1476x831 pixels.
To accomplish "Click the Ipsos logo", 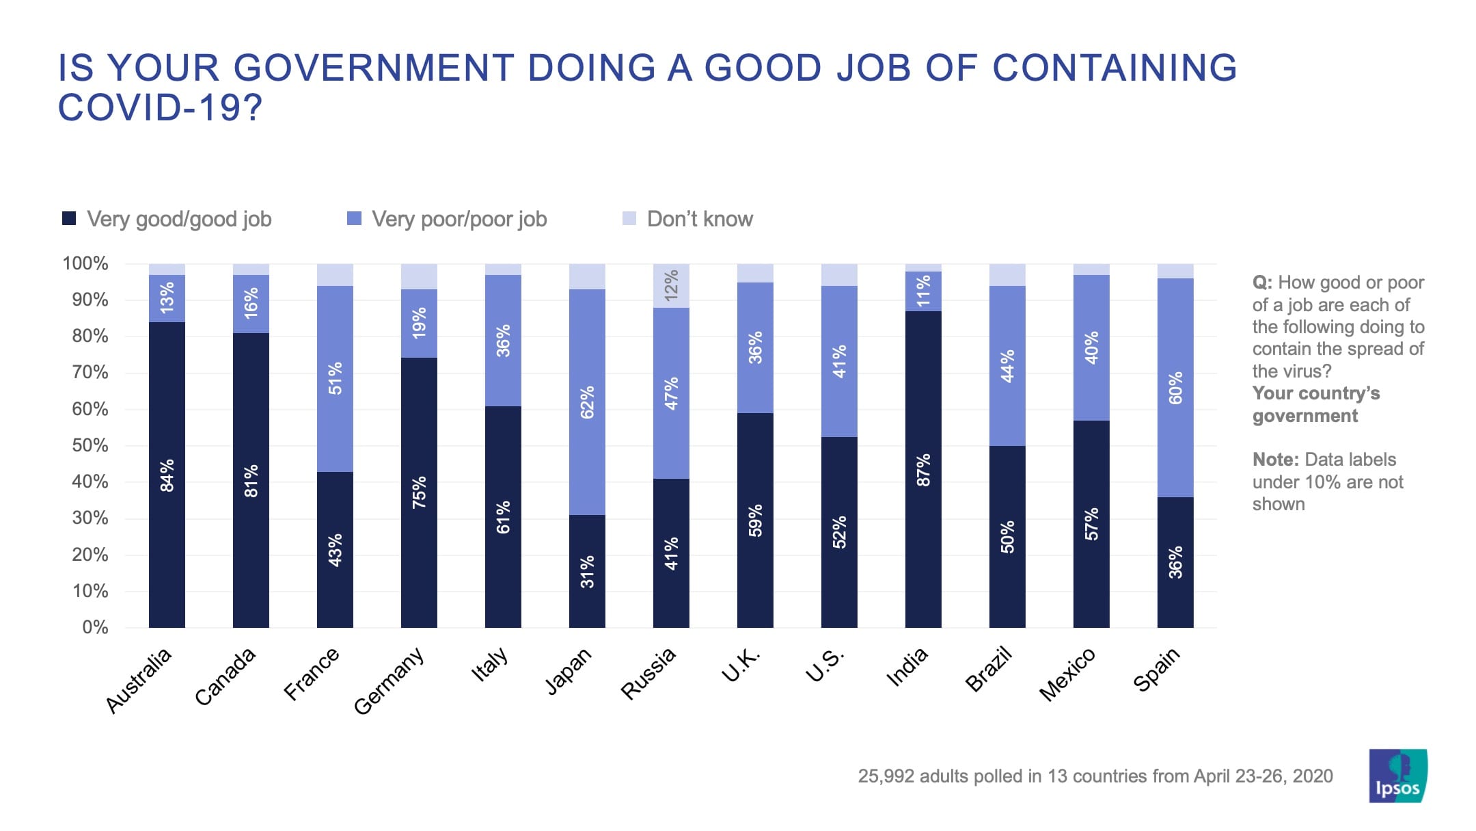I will pos(1397,776).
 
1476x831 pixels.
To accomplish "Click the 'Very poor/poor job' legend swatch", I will pos(354,219).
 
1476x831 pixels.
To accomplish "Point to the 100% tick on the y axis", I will pos(85,263).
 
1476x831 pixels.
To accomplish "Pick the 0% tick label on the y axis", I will pos(95,627).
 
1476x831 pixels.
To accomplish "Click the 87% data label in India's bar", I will pos(923,470).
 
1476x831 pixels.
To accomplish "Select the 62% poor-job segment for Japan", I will pos(587,402).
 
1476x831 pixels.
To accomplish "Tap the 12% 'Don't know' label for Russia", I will pos(671,285).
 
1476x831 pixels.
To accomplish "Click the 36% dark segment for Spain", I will pos(1175,562).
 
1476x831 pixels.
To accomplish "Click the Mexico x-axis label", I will pos(1067,674).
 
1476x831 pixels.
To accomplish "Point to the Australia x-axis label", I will pos(139,680).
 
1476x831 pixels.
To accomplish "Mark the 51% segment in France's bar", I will pos(335,378).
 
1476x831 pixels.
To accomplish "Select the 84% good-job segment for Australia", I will pos(167,475).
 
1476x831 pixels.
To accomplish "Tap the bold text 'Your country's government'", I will pos(1315,404).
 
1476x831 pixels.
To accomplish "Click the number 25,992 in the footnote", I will pos(885,776).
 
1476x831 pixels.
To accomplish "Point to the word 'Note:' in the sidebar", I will pos(1274,460).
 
